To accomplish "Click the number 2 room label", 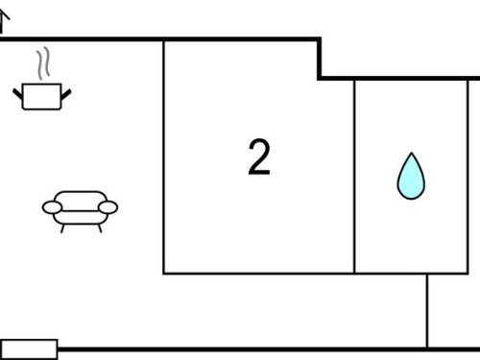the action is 259,156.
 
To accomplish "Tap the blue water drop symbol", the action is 411,177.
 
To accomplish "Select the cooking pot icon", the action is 42,96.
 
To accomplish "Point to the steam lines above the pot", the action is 43,63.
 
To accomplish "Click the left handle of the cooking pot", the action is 17,94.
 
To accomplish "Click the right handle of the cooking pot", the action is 66,94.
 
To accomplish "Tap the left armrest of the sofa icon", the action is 52,207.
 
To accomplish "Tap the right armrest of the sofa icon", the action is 108,207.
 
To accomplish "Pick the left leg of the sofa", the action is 62,228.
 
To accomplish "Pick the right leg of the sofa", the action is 100,228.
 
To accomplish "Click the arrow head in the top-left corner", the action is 4,14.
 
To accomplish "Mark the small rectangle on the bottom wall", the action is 29,349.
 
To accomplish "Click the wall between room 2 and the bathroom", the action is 354,177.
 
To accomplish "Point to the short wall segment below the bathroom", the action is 427,310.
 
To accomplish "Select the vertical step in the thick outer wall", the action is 320,59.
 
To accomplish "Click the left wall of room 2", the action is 164,156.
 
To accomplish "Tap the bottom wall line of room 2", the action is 258,274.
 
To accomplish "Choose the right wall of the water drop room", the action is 468,177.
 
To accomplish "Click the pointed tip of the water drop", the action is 412,153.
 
